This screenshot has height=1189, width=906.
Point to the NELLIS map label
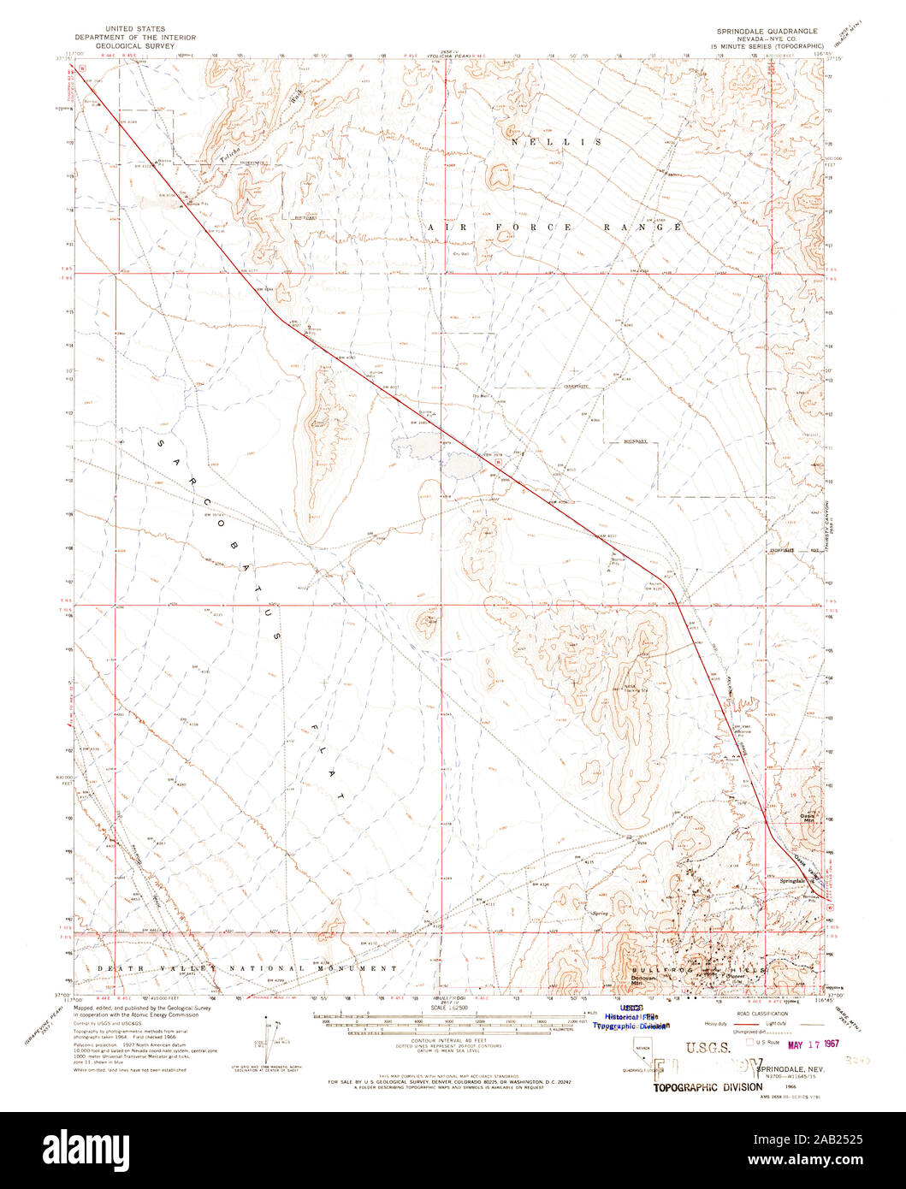(x=556, y=142)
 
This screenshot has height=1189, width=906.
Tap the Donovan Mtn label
(x=645, y=979)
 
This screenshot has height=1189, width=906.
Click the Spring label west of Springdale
(x=600, y=914)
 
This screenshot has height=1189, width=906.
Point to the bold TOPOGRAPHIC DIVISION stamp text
(x=708, y=1087)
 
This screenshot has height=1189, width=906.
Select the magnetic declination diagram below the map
(x=268, y=1036)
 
